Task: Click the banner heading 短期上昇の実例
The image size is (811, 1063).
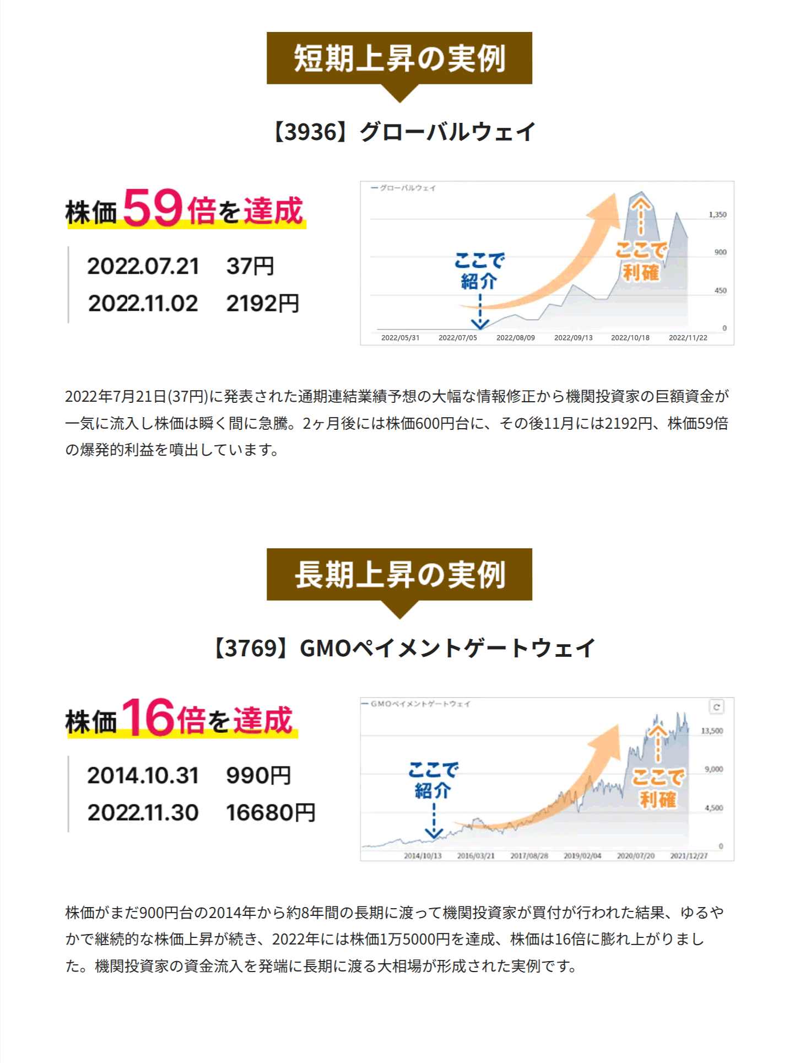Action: tap(399, 58)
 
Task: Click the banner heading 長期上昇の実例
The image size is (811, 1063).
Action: tap(399, 575)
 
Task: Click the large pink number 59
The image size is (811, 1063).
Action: tap(153, 208)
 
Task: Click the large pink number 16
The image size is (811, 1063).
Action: tap(148, 717)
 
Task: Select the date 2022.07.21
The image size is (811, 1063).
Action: tap(143, 266)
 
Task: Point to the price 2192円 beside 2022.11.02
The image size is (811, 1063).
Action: tap(262, 304)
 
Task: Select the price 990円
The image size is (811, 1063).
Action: tap(258, 775)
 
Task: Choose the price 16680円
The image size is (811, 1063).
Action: tap(271, 813)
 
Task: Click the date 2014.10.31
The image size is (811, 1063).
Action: tap(143, 775)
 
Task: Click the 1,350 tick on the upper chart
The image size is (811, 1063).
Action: tap(717, 214)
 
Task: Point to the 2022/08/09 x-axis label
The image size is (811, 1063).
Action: tap(515, 338)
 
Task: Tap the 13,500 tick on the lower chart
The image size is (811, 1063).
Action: tap(712, 731)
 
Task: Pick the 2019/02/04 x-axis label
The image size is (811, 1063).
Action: tap(582, 856)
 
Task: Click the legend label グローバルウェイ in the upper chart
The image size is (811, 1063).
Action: tap(408, 188)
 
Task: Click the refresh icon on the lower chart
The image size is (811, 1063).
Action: tap(716, 707)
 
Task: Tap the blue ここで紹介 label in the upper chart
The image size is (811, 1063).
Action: tap(479, 271)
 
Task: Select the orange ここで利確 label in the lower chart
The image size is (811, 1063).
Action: tap(658, 788)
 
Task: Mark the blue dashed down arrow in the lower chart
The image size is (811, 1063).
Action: tap(434, 821)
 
